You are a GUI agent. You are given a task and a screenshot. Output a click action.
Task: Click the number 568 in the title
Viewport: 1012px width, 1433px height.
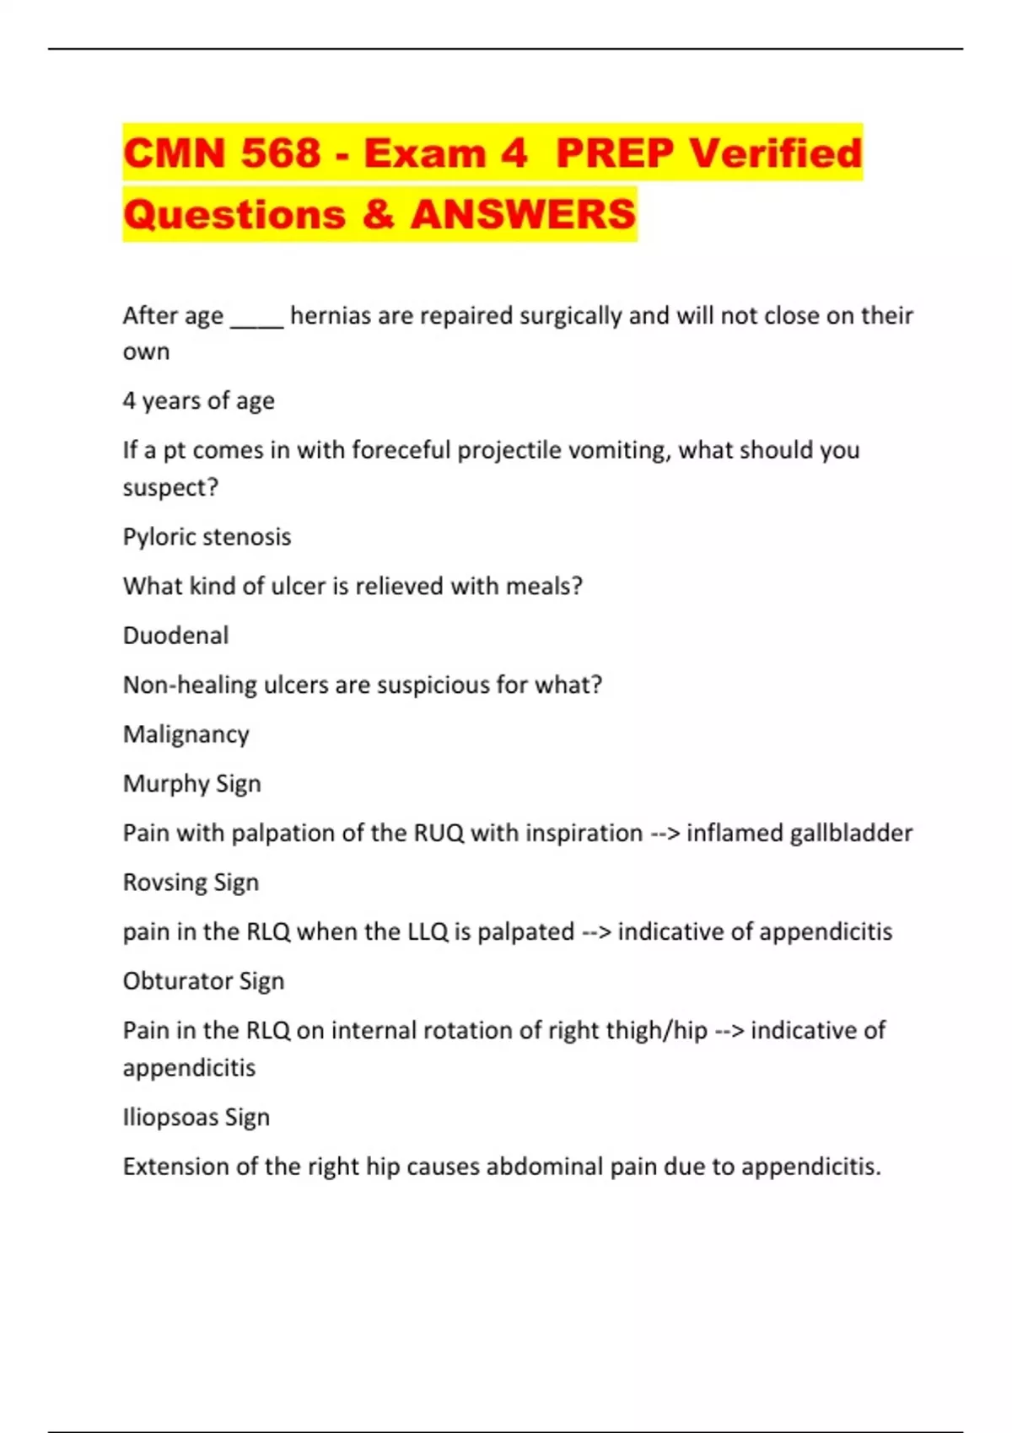pos(281,153)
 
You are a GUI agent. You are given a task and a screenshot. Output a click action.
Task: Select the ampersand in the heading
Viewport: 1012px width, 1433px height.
pos(379,214)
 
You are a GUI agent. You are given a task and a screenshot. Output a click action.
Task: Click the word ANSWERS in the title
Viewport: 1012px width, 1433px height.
pos(523,214)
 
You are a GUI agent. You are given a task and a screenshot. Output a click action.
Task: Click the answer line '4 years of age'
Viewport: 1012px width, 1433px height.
pos(198,400)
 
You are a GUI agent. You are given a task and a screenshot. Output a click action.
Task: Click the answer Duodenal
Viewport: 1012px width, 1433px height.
pos(175,636)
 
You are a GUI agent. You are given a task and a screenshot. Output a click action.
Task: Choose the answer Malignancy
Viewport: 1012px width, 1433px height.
pos(186,734)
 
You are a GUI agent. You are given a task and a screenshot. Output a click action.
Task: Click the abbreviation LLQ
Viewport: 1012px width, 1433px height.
pos(427,932)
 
